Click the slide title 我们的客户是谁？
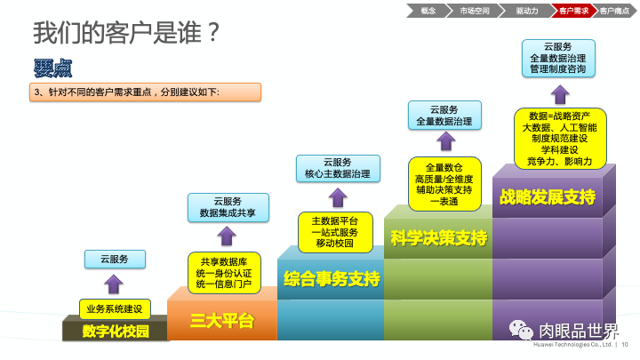pos(126,34)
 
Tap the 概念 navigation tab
pos(428,11)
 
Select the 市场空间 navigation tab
pos(474,11)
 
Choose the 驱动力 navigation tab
pos(526,11)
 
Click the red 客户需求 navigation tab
pos(572,11)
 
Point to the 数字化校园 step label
pos(114,331)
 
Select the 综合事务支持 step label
pos(331,280)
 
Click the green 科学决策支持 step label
pos(439,237)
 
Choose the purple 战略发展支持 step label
pos(548,196)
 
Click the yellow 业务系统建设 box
pos(115,308)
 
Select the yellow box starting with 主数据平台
pos(334,231)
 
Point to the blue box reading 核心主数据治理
pos(338,168)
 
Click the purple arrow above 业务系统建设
pos(114,284)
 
